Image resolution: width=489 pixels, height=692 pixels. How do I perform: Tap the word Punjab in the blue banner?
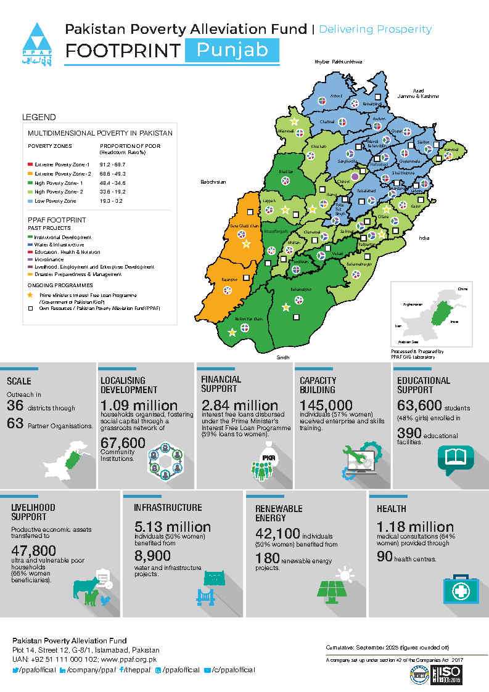pyautogui.click(x=232, y=50)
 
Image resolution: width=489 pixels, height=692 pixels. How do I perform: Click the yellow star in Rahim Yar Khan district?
pyautogui.click(x=232, y=333)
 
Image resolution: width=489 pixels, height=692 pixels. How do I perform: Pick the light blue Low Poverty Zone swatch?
pyautogui.click(x=30, y=201)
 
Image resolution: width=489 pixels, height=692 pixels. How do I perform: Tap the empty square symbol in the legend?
pyautogui.click(x=30, y=307)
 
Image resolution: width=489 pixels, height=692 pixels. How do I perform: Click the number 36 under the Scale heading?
pyautogui.click(x=15, y=405)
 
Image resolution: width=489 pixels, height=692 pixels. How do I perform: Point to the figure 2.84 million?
pyautogui.click(x=239, y=405)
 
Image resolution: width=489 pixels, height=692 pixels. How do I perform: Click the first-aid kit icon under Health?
pyautogui.click(x=459, y=588)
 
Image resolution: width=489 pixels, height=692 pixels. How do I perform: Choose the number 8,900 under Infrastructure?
pyautogui.click(x=151, y=556)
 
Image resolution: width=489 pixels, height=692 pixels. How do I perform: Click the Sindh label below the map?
pyautogui.click(x=283, y=357)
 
